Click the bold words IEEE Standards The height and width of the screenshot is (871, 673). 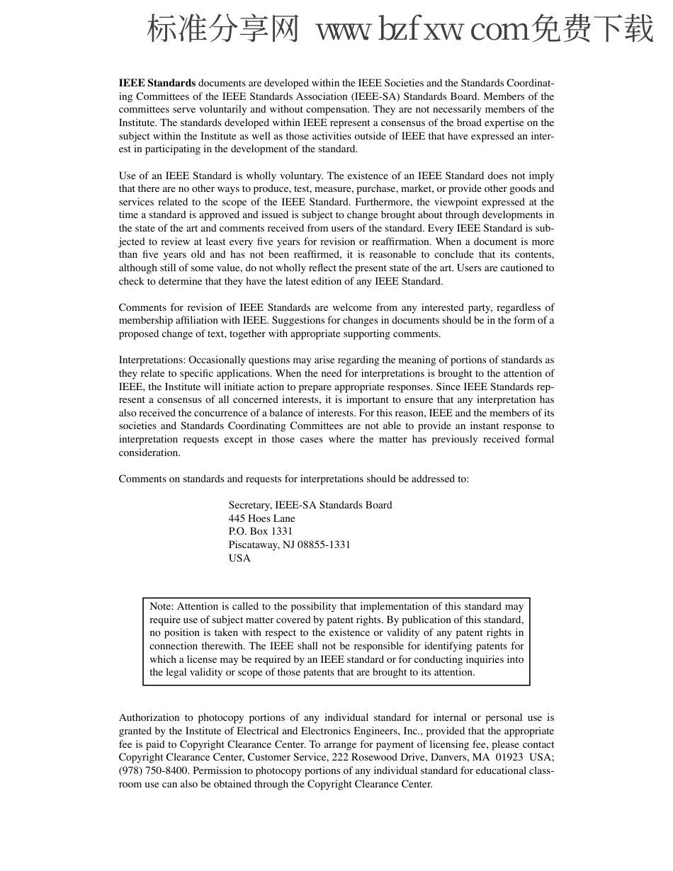157,83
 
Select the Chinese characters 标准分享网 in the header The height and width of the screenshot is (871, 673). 223,30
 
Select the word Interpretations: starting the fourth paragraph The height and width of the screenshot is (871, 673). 152,360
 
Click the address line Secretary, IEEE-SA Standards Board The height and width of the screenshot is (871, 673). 310,505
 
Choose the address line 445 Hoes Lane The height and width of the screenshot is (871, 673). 261,518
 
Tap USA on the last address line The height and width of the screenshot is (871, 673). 239,558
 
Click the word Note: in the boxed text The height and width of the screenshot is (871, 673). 162,606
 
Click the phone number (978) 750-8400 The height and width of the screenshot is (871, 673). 154,770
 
